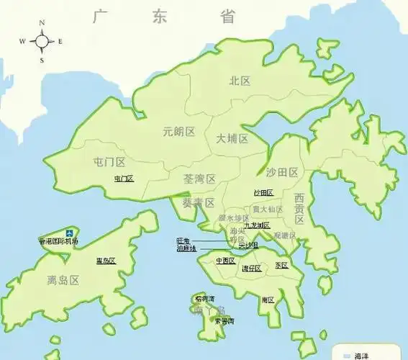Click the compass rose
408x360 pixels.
pyautogui.click(x=42, y=41)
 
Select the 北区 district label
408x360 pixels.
pyautogui.click(x=240, y=81)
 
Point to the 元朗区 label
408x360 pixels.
pyautogui.click(x=179, y=132)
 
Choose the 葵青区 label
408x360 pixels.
pyautogui.click(x=199, y=202)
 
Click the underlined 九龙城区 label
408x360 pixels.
pyautogui.click(x=257, y=225)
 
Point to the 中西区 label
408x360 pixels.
pyautogui.click(x=225, y=261)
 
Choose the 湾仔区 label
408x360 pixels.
pyautogui.click(x=251, y=269)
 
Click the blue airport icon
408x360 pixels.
pyautogui.click(x=69, y=233)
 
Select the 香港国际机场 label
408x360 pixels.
pyautogui.click(x=58, y=241)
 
